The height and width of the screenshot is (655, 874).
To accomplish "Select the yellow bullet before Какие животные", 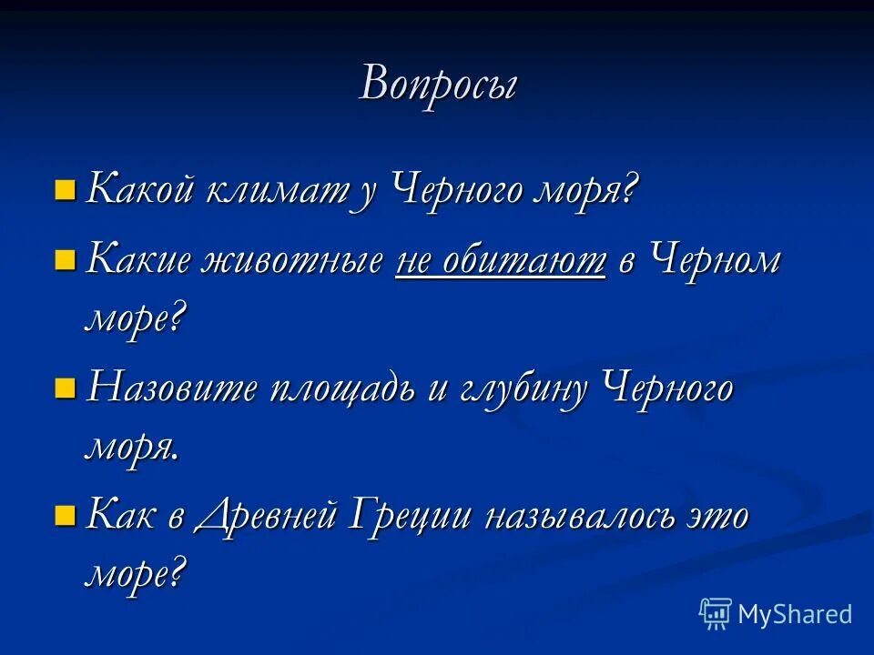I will pyautogui.click(x=65, y=261).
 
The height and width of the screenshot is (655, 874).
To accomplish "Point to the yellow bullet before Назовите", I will pyautogui.click(x=65, y=389).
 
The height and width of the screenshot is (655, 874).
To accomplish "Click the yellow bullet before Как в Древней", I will pyautogui.click(x=65, y=517).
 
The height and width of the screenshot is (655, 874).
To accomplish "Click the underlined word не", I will pyautogui.click(x=414, y=262).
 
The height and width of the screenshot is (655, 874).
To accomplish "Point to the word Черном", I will pyautogui.click(x=715, y=262).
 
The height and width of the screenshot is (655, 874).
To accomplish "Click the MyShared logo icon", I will pyautogui.click(x=715, y=614).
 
